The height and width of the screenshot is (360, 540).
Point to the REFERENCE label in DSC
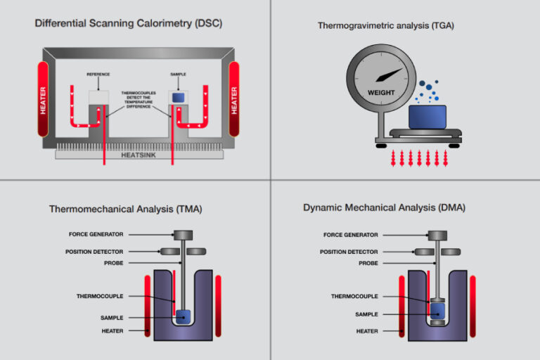[x=98, y=74]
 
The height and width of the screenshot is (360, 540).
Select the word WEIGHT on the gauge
[x=381, y=92]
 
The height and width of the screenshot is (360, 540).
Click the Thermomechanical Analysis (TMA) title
[x=125, y=209]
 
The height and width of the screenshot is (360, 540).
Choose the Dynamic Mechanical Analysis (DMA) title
[x=384, y=208]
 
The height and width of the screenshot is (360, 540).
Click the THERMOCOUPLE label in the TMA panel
[x=100, y=296]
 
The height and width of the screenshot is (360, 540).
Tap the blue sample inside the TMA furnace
[x=183, y=316]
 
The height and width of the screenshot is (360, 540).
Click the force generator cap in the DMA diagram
[x=438, y=235]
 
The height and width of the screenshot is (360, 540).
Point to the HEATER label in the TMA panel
[x=112, y=330]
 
